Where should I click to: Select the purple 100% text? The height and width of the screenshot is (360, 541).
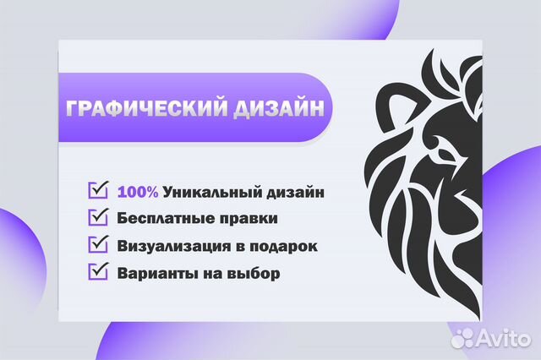click(x=138, y=192)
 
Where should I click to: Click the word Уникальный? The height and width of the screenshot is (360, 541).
click(x=208, y=192)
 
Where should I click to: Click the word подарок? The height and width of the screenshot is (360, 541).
click(x=287, y=246)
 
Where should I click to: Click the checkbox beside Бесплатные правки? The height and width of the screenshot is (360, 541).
click(x=99, y=216)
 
